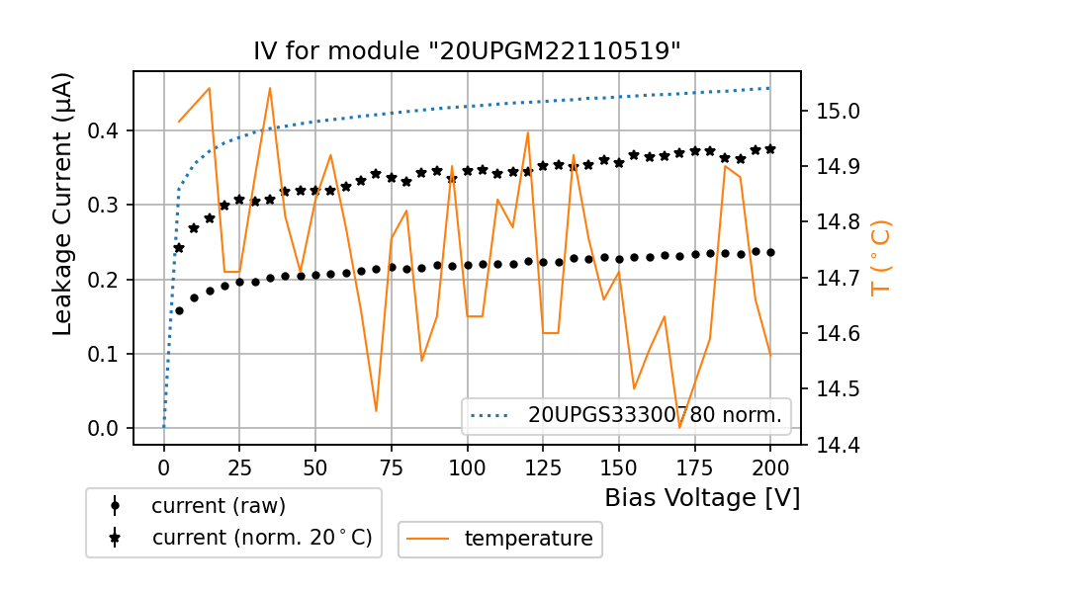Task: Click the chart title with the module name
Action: [x=467, y=51]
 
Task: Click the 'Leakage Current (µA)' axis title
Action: [x=63, y=204]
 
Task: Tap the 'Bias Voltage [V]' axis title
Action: [x=702, y=498]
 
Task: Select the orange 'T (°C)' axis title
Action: [x=880, y=258]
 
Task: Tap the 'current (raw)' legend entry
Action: [x=218, y=506]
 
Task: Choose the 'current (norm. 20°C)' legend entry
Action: [x=261, y=538]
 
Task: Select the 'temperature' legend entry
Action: [x=528, y=539]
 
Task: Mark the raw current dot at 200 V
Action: [x=770, y=252]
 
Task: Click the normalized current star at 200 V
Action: [x=770, y=148]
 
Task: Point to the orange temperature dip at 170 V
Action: [x=679, y=427]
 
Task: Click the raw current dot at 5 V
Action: [x=179, y=310]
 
